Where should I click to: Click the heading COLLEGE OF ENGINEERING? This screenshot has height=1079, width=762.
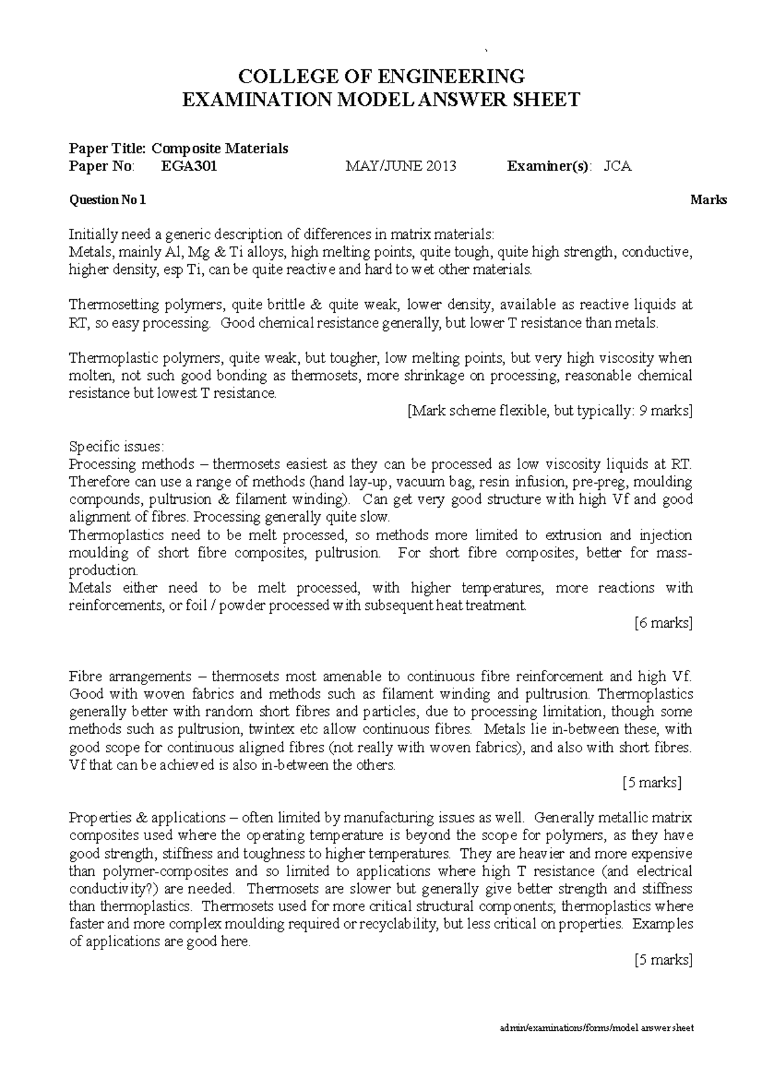[x=381, y=77]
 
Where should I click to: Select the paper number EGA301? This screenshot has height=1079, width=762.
[x=190, y=166]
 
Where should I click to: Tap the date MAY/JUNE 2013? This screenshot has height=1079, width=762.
[x=401, y=166]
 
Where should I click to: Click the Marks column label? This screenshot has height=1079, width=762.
[x=709, y=200]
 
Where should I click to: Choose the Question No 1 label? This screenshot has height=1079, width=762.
[x=107, y=200]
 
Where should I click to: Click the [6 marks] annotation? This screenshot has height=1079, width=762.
[x=663, y=623]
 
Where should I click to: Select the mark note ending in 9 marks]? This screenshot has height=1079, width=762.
[x=549, y=411]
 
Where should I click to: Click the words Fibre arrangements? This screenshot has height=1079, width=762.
[x=130, y=676]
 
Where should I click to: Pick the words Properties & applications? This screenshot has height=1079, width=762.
[x=147, y=818]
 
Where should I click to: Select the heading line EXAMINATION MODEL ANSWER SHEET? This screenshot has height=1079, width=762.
[x=381, y=100]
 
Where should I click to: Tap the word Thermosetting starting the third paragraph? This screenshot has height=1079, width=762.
[x=116, y=305]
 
